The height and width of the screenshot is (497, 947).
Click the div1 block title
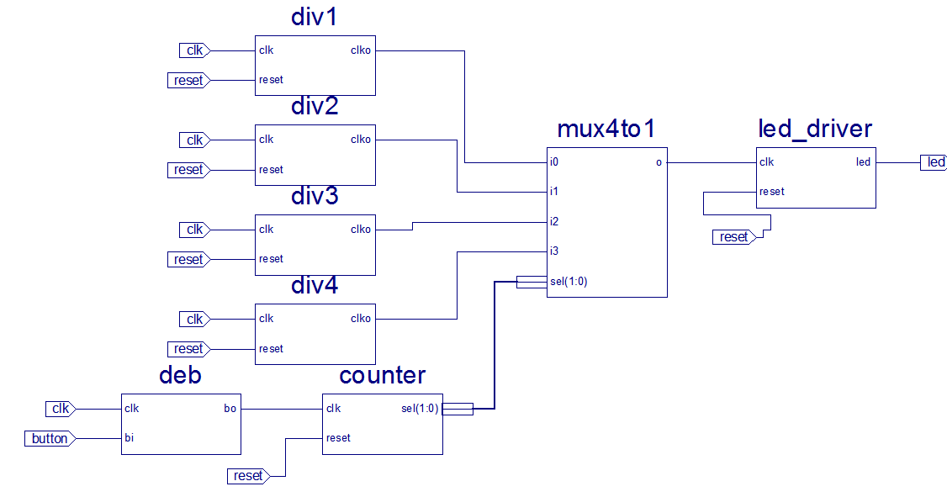click(x=314, y=18)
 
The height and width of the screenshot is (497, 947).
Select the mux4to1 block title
click(x=606, y=129)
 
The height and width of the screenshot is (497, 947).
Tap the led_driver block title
click(x=815, y=129)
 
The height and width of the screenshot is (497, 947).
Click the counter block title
click(x=383, y=375)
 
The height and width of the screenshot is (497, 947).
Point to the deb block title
click(x=180, y=375)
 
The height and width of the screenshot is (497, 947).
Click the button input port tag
click(x=50, y=438)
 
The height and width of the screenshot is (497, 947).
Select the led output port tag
click(x=934, y=162)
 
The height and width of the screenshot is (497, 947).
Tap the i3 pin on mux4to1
click(x=553, y=251)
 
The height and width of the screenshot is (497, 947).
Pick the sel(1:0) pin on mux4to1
click(x=569, y=282)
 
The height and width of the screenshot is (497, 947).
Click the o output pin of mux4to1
click(x=659, y=162)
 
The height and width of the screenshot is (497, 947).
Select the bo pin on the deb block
click(x=230, y=409)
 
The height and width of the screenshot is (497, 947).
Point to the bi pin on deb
click(x=129, y=438)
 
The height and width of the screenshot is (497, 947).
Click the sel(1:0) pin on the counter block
click(x=420, y=409)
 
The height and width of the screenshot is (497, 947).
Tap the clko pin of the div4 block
click(x=360, y=319)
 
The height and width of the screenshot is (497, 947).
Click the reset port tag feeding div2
click(x=188, y=170)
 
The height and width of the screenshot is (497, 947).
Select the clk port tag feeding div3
click(x=194, y=230)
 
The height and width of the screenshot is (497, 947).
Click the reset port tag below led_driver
click(x=734, y=237)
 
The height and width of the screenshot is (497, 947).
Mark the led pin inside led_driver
click(x=863, y=162)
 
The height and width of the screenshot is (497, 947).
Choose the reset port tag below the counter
click(x=248, y=476)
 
